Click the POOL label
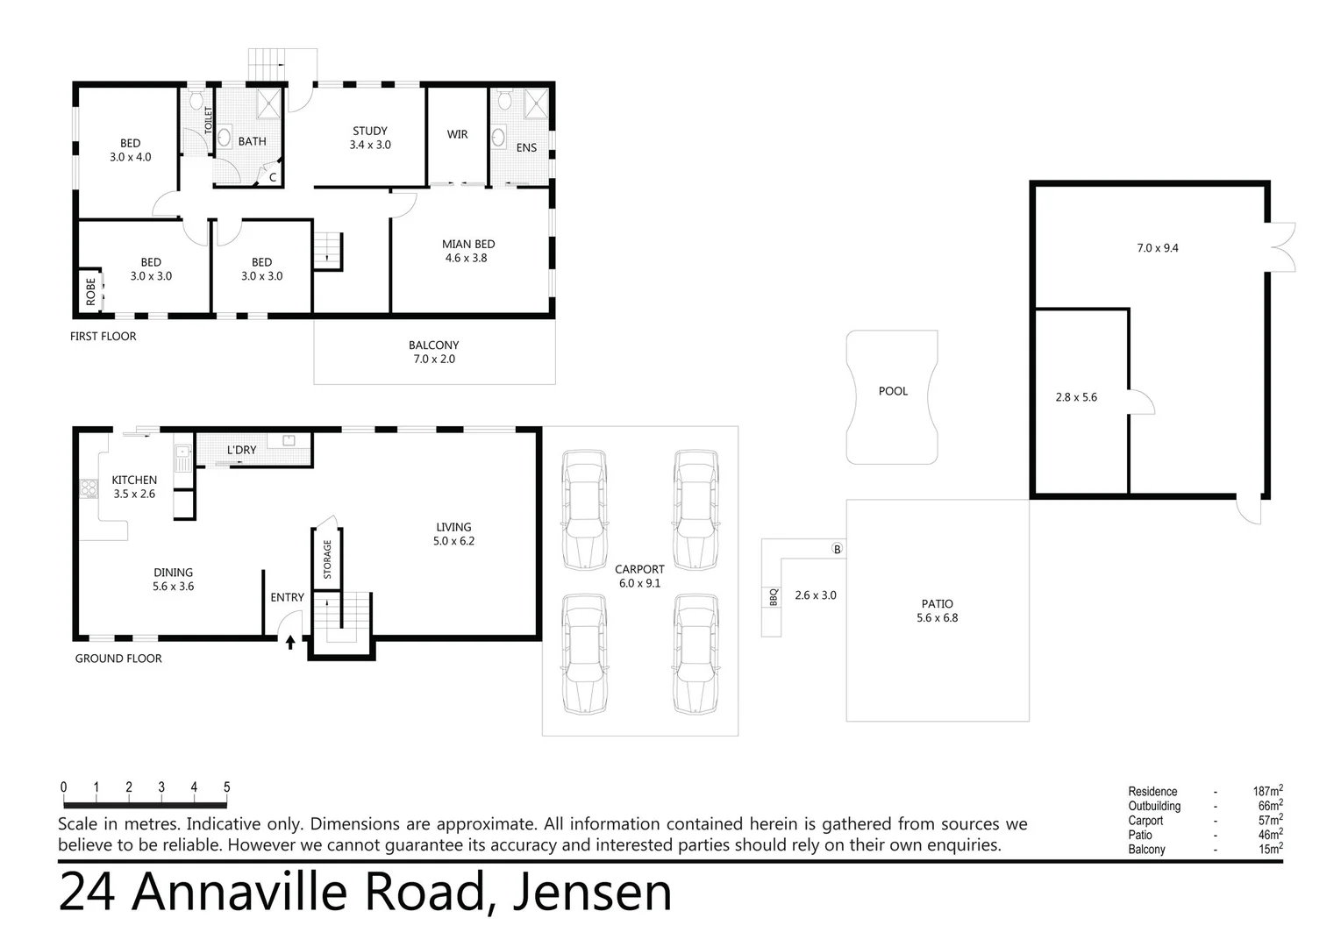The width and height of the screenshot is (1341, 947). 893,391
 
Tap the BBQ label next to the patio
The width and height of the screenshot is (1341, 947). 773,596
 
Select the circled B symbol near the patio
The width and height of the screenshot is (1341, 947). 837,549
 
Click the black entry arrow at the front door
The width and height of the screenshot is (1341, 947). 290,643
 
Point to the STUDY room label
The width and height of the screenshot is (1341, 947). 370,131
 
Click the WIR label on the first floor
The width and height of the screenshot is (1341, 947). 457,134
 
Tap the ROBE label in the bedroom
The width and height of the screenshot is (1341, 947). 90,291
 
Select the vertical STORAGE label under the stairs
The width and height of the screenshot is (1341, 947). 327,559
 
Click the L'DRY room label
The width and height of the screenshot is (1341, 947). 241,450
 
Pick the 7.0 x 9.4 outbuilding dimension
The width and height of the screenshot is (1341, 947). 1157,248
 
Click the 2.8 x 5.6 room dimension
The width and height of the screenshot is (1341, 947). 1076,397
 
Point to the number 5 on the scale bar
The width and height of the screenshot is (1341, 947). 227,787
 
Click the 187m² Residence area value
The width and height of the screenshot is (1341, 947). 1267,791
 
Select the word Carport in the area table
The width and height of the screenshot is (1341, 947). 1145,821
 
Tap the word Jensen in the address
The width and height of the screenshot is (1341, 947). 592,893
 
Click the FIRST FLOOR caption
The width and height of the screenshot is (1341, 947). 103,336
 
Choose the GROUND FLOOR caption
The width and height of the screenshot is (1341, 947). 118,659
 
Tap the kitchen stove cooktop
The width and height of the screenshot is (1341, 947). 89,488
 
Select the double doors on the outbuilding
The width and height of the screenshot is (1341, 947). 1280,246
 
